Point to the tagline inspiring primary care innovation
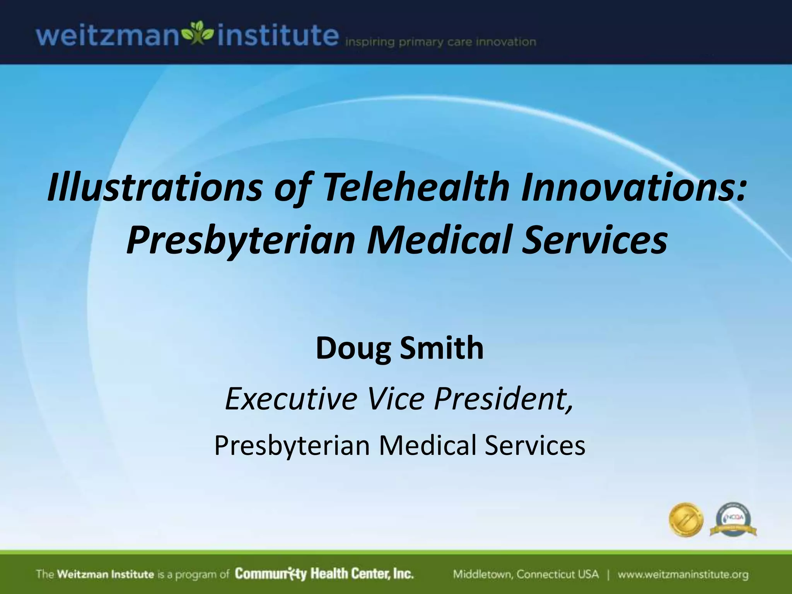[x=440, y=42]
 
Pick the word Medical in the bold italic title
[x=439, y=240]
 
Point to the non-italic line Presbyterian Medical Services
[x=399, y=445]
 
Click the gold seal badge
[x=686, y=519]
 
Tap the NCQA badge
[x=733, y=519]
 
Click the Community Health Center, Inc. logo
[x=324, y=574]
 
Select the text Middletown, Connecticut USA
[x=526, y=574]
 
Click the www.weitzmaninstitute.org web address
[x=683, y=574]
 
